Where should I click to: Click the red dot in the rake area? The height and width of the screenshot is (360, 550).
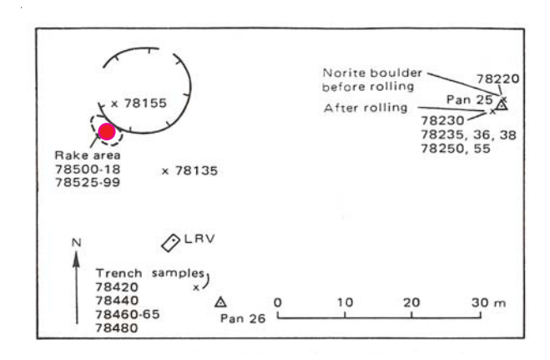[x=107, y=131]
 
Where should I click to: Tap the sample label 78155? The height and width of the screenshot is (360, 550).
[x=145, y=104]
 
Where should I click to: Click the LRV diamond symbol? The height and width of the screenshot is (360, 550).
[x=171, y=241]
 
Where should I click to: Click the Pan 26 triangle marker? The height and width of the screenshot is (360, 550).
[x=220, y=302]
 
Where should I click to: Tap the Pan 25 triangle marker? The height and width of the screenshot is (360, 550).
[x=502, y=106]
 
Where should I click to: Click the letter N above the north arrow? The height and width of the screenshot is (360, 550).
[x=76, y=243]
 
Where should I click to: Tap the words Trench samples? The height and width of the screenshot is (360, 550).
[x=149, y=273]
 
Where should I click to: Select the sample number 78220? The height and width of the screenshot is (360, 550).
[x=498, y=79]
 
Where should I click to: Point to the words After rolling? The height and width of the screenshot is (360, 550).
[x=366, y=108]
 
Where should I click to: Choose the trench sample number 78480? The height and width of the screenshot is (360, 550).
[x=118, y=328]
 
